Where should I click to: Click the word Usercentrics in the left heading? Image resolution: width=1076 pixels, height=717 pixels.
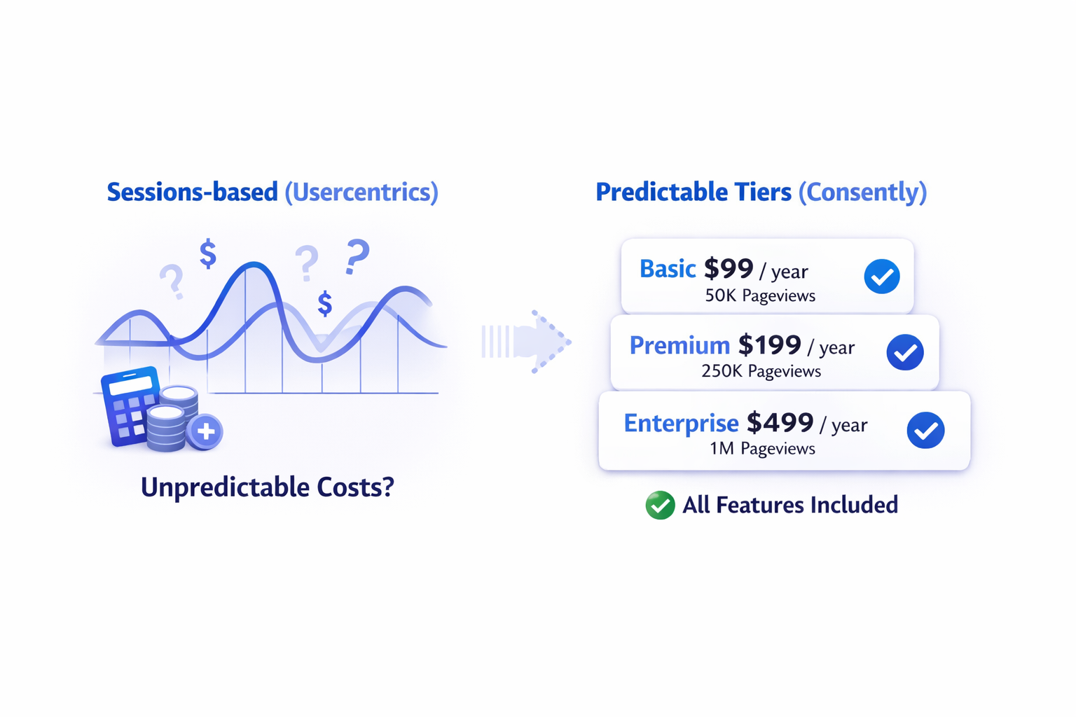point(361,193)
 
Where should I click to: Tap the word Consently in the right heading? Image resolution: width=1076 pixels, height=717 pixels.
point(862,193)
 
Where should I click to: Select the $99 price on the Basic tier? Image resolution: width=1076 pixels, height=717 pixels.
point(729,269)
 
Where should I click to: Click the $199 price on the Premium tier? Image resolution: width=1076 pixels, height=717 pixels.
point(770,344)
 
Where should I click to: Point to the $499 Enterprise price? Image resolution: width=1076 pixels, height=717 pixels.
point(780,423)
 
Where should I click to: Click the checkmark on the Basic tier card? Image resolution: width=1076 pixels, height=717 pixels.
point(881,276)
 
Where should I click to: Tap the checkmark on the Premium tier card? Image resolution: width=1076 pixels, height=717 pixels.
point(905,352)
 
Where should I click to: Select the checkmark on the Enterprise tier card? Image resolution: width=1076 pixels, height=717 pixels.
point(925,431)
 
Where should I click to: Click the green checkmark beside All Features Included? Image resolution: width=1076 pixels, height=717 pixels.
point(660,506)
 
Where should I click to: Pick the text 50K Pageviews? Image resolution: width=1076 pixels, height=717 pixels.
point(760,295)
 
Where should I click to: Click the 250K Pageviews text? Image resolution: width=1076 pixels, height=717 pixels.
point(761,371)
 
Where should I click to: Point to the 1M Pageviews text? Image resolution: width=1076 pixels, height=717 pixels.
point(762,449)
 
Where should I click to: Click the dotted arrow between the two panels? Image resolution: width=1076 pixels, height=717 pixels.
point(527,342)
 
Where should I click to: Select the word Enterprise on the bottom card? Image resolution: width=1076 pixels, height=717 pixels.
point(681,423)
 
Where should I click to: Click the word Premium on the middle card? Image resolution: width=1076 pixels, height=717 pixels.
point(680,345)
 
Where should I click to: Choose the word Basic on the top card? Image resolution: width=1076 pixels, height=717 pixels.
point(667,269)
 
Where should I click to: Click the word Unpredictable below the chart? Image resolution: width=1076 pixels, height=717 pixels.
point(225,488)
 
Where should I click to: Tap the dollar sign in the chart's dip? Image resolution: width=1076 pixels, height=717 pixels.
point(325,303)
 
